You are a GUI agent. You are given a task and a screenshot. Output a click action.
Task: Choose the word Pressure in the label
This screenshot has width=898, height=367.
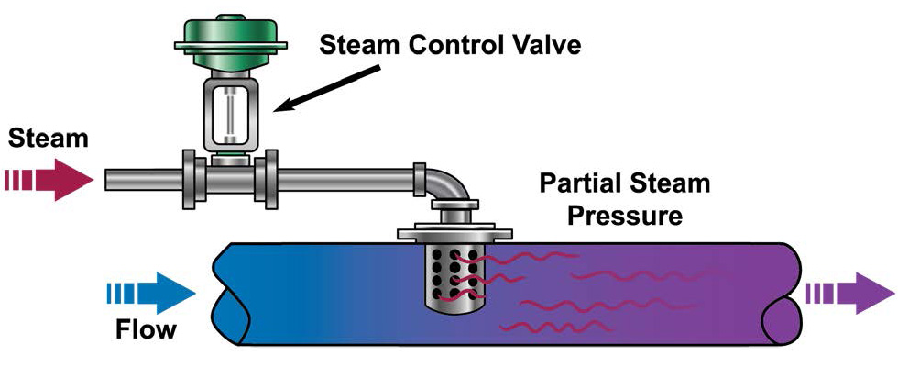click(626, 217)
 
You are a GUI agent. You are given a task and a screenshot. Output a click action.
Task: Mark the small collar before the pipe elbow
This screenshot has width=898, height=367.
click(420, 178)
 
